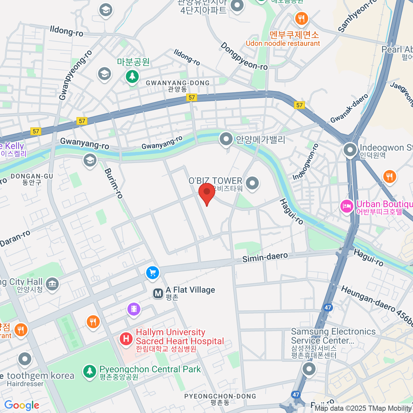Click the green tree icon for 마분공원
[132, 76]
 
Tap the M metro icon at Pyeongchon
[158, 294]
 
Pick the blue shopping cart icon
[152, 273]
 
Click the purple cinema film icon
[134, 309]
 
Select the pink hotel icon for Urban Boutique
[347, 206]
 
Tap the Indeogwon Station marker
[350, 150]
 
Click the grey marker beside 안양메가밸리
[226, 139]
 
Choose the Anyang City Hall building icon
[52, 284]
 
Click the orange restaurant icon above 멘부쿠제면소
[301, 18]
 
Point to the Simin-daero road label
[265, 257]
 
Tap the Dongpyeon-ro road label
[244, 56]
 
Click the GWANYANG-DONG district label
[178, 83]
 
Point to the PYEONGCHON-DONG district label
[220, 396]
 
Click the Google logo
[22, 405]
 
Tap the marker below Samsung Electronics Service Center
[309, 369]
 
